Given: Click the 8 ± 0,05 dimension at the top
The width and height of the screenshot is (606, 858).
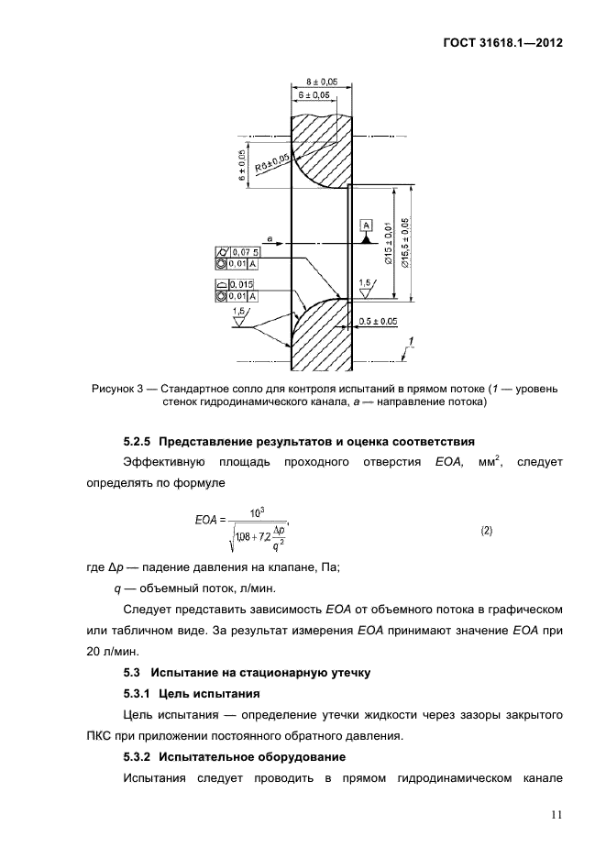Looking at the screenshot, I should click(319, 81).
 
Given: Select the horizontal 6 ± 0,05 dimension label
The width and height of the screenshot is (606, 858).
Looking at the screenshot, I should click(314, 94).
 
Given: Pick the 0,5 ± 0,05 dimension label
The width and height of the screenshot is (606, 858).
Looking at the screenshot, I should click(378, 321).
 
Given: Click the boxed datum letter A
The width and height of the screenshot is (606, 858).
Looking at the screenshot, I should click(366, 225).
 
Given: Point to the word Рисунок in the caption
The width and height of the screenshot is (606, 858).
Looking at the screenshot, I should click(114, 389).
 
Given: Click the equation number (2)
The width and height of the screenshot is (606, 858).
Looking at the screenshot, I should click(487, 531).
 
